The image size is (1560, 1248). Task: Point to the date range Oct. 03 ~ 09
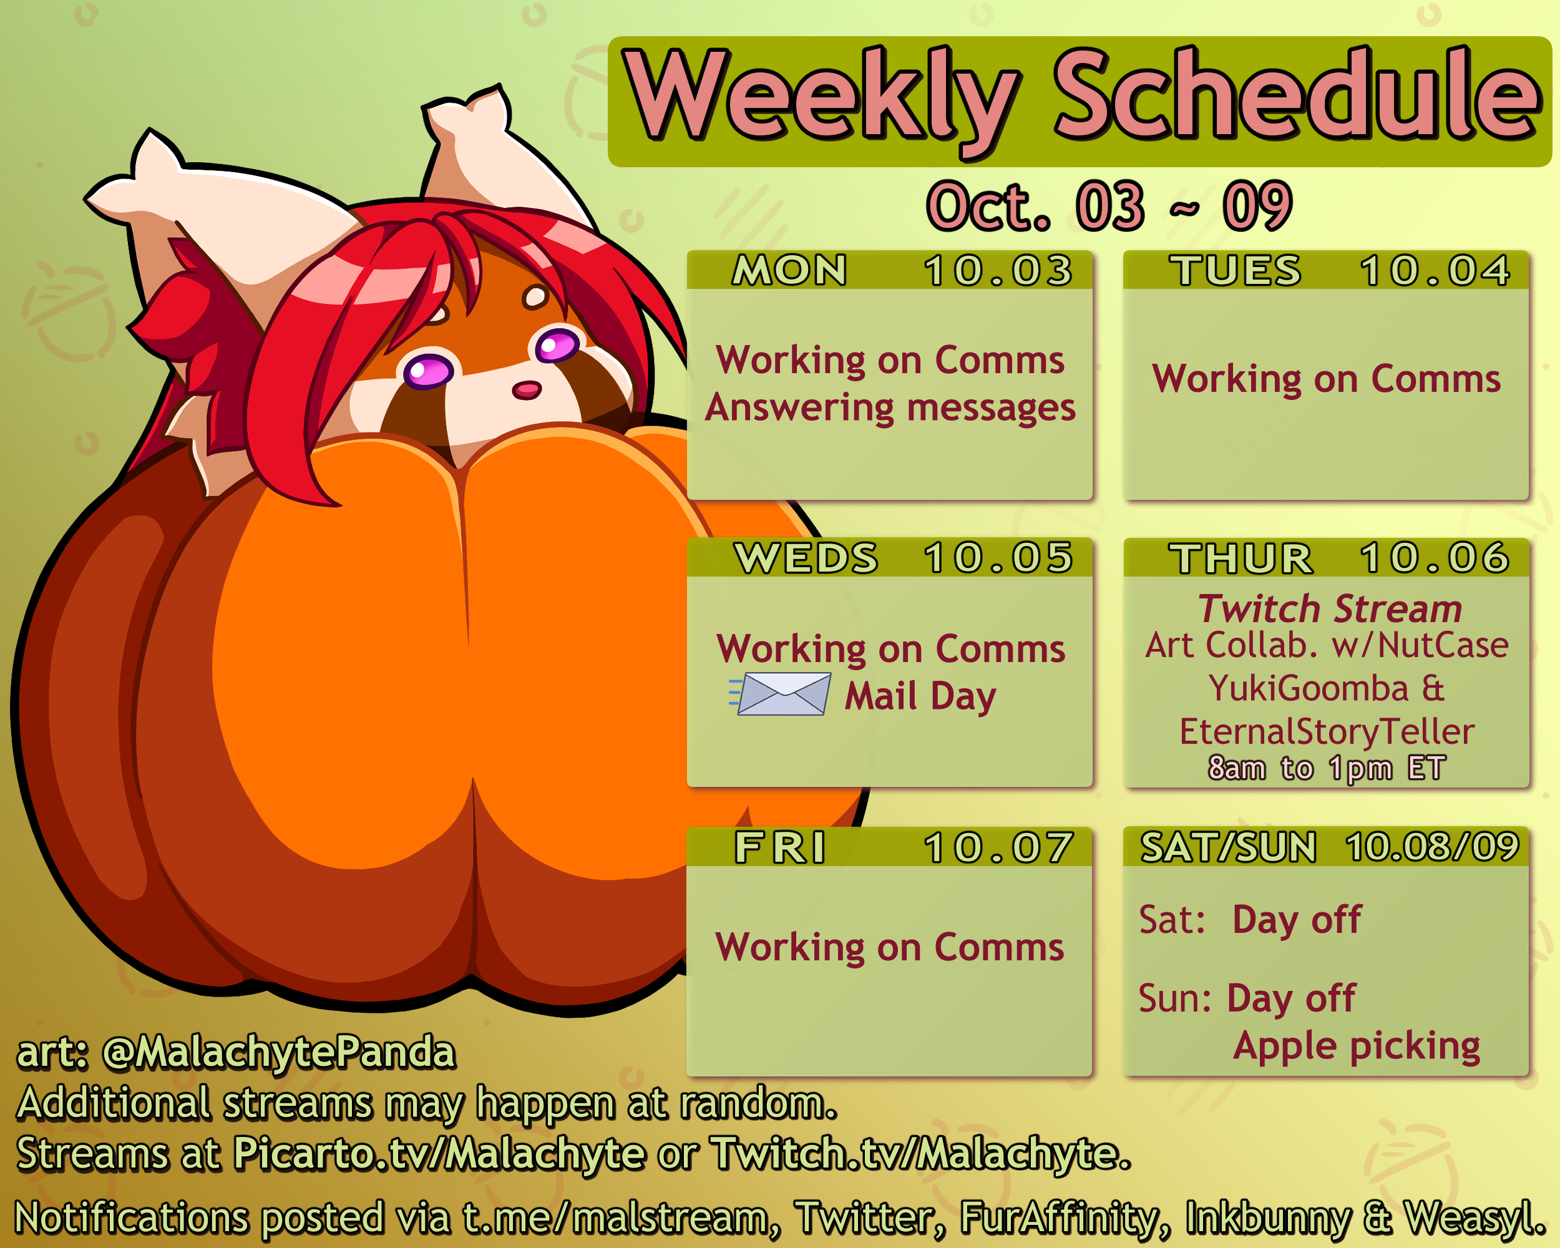pos(1109,206)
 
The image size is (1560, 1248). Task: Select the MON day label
pos(789,271)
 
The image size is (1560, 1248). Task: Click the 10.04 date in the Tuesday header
pos(1435,271)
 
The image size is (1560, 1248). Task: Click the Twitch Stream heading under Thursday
pos(1329,608)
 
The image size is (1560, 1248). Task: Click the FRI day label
pos(780,847)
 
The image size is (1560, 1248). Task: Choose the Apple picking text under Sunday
pos(1357,1046)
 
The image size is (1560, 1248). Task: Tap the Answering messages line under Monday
pos(890,407)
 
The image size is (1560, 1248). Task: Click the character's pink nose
pos(527,391)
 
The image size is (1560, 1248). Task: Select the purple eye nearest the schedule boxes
pos(557,345)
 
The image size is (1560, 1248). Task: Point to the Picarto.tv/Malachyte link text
pos(439,1153)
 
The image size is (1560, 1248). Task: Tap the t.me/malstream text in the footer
pos(615,1217)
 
